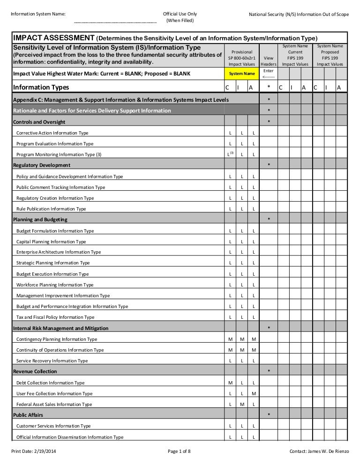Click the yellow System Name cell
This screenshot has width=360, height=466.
coord(241,74)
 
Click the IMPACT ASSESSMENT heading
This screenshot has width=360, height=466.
coord(54,38)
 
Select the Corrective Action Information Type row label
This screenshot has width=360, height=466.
coord(52,133)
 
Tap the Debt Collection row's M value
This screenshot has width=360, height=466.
coord(230,383)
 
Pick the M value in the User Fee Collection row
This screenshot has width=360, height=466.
coord(253,394)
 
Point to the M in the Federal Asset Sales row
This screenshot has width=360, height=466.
coord(242,405)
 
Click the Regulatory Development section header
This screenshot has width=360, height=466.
coord(42,165)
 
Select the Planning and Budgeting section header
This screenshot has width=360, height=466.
coord(40,220)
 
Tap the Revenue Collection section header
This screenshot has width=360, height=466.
coord(35,372)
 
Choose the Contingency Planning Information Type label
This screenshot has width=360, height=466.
coord(57,339)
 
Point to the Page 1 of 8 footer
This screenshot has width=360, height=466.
coord(179,451)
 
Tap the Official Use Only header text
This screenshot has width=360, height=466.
coord(180,14)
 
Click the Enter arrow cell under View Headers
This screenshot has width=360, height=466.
coord(268,74)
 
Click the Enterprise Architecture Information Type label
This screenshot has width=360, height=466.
coord(58,252)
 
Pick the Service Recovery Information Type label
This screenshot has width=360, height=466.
coord(52,361)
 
